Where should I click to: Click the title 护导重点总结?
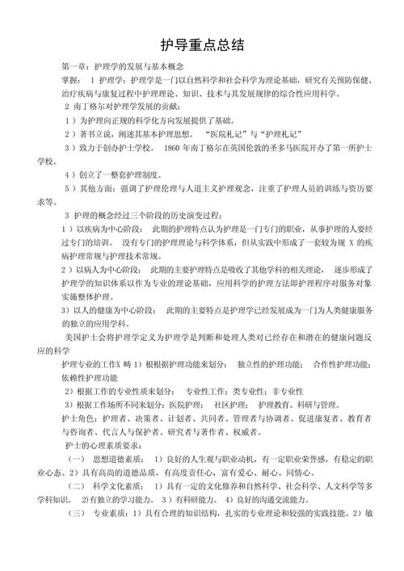203,44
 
